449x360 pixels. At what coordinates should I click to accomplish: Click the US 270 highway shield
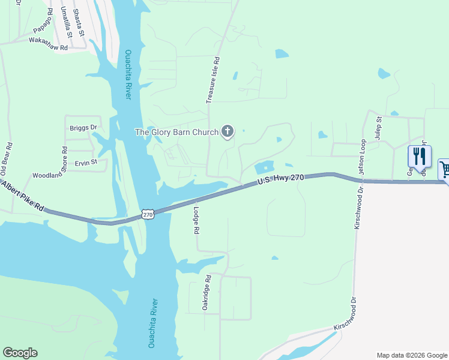click(x=148, y=214)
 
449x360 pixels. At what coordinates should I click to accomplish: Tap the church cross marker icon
click(x=228, y=131)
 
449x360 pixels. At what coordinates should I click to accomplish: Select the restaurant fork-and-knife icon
click(x=420, y=157)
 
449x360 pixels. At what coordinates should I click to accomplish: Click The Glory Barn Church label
click(x=176, y=132)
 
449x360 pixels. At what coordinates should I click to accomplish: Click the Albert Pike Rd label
click(x=22, y=198)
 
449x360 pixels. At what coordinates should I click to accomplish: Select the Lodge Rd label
click(x=196, y=220)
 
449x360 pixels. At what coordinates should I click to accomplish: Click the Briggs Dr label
click(x=83, y=127)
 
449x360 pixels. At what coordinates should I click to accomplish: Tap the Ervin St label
click(x=86, y=163)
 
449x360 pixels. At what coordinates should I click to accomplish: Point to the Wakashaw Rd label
click(x=48, y=43)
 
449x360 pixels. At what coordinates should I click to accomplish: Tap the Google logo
click(x=20, y=353)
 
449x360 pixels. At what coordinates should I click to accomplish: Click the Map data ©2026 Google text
click(x=412, y=355)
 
